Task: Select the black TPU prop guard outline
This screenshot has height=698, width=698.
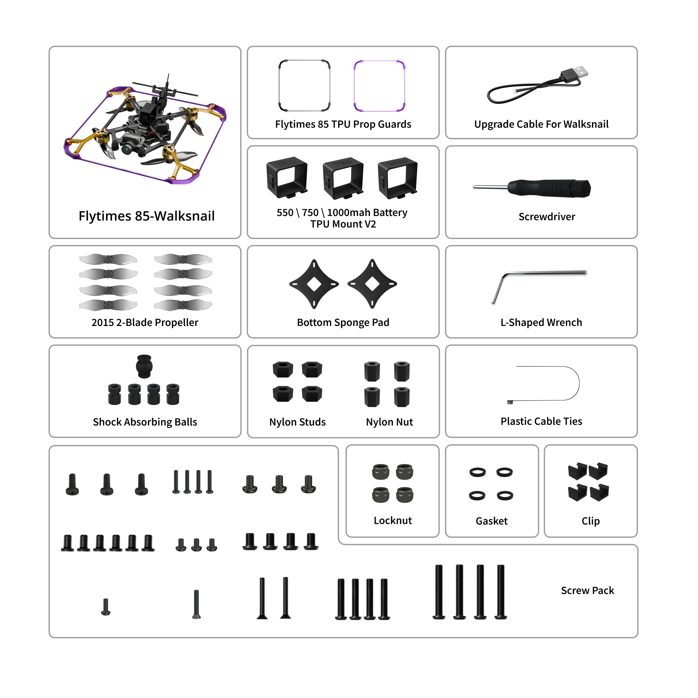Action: click(304, 61)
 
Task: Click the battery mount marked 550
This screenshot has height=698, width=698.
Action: click(287, 177)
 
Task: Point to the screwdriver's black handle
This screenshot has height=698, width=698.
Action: click(549, 188)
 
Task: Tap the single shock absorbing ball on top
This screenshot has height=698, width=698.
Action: click(144, 366)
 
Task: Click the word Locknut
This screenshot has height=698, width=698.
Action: click(392, 521)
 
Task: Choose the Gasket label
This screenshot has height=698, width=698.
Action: click(491, 521)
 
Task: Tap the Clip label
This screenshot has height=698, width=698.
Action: click(591, 521)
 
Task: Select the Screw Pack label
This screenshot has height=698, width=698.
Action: click(587, 591)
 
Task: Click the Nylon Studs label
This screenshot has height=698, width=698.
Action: click(297, 422)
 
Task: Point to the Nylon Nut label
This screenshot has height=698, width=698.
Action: click(389, 422)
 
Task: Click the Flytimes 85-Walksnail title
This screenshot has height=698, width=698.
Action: click(146, 216)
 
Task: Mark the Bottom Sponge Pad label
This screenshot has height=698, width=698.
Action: click(343, 322)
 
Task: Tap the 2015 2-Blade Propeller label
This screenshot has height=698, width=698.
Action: click(145, 322)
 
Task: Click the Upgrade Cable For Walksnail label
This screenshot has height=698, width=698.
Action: click(541, 124)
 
